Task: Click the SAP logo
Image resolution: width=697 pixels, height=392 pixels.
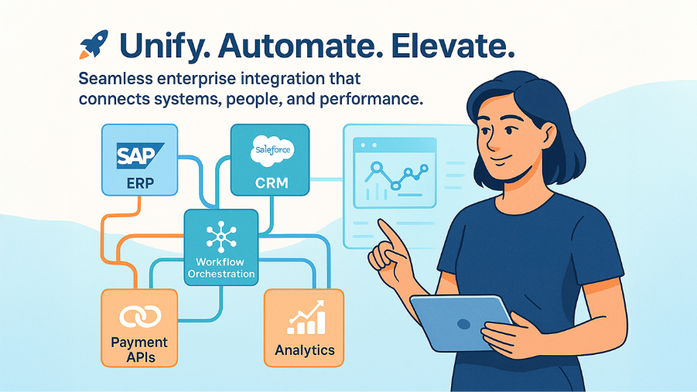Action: (140, 154)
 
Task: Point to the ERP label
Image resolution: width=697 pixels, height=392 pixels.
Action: (140, 184)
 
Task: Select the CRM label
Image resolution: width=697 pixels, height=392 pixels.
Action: (270, 184)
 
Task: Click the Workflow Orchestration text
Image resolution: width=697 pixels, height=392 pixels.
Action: (221, 268)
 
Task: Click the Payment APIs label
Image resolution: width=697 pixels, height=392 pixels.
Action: (140, 349)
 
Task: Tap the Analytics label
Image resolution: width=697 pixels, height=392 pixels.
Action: (305, 350)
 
